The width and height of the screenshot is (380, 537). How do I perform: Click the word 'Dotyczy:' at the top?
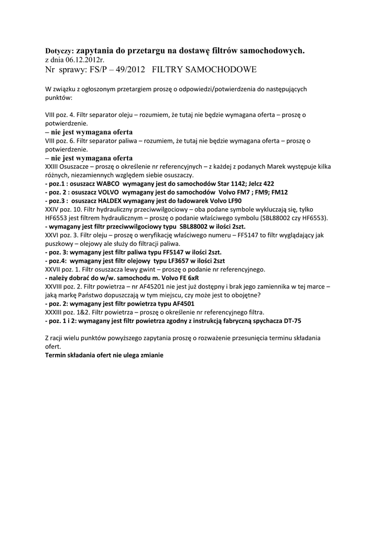tap(60, 52)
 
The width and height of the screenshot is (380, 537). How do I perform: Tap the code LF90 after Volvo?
tap(233, 201)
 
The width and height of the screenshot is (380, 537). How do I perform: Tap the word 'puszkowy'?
tap(59, 244)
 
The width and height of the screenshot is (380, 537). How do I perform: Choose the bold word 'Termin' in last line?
tap(56, 355)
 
